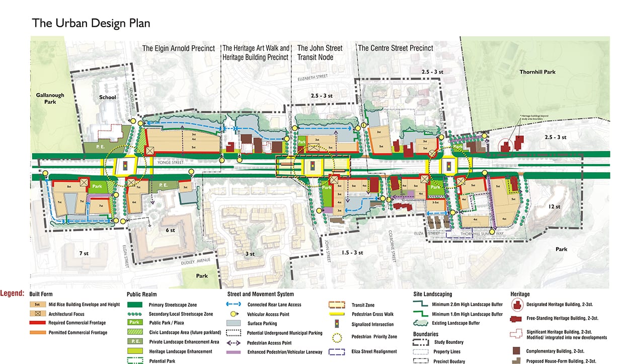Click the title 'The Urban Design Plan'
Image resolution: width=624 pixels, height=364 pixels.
coord(91,23)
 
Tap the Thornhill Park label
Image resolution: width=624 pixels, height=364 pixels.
coord(538,72)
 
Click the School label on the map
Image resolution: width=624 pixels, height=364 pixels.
coord(108,97)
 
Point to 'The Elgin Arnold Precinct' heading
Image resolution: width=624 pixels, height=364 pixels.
coord(178,48)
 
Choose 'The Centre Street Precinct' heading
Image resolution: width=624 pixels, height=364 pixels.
coord(396,48)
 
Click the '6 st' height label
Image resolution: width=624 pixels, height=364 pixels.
coord(170,230)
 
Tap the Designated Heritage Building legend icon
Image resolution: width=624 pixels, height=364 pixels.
coord(518,305)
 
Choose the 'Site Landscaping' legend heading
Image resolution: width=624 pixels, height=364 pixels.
coord(431,294)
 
